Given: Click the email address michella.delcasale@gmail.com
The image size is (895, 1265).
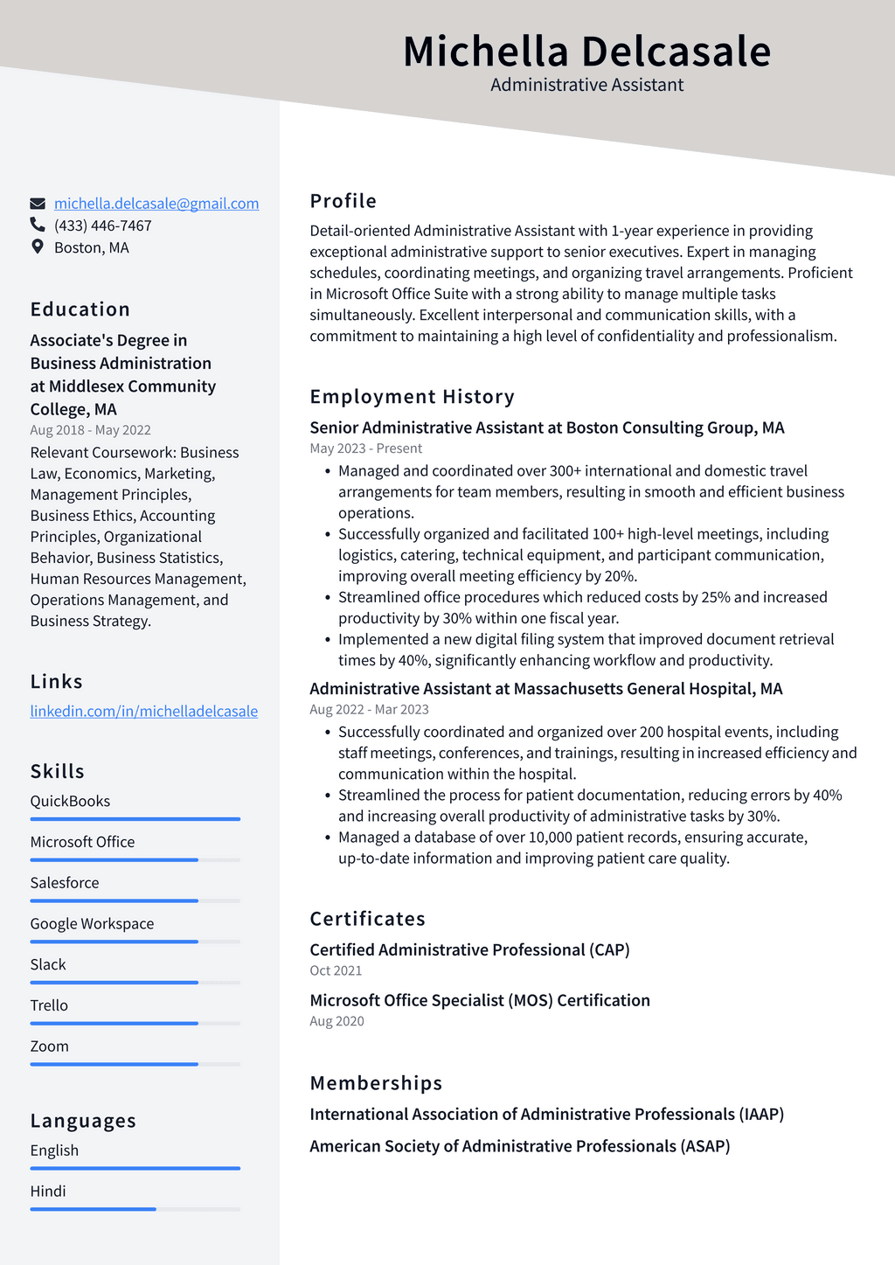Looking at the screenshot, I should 156,204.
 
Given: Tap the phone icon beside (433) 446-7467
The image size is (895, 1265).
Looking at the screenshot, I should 38,226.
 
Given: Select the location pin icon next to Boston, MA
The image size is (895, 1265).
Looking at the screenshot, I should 38,247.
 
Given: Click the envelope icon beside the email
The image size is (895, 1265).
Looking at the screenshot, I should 38,204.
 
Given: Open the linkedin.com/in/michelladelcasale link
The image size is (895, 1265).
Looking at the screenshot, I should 144,711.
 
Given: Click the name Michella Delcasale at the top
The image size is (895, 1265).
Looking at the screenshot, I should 586,51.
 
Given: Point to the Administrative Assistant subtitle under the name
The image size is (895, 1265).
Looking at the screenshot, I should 586,85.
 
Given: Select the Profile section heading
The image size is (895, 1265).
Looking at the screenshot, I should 343,201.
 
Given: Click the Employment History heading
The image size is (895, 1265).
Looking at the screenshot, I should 412,397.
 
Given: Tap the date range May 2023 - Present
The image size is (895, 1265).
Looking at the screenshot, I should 365,448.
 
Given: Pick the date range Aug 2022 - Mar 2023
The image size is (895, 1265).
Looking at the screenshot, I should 369,710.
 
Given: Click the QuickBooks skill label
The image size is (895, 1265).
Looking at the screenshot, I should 70,801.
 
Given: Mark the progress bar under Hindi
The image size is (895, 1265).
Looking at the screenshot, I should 135,1209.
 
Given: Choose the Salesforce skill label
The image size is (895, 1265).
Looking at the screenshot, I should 65,883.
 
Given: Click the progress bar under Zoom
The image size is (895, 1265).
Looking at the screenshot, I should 135,1064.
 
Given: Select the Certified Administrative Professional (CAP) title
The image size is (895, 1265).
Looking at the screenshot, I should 469,949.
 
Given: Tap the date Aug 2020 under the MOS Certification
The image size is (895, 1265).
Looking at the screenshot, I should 336,1021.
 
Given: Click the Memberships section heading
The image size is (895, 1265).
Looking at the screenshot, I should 376,1083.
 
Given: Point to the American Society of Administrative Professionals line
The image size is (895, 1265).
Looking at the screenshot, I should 519,1146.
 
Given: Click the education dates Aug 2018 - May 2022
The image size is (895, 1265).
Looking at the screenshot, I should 90,430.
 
